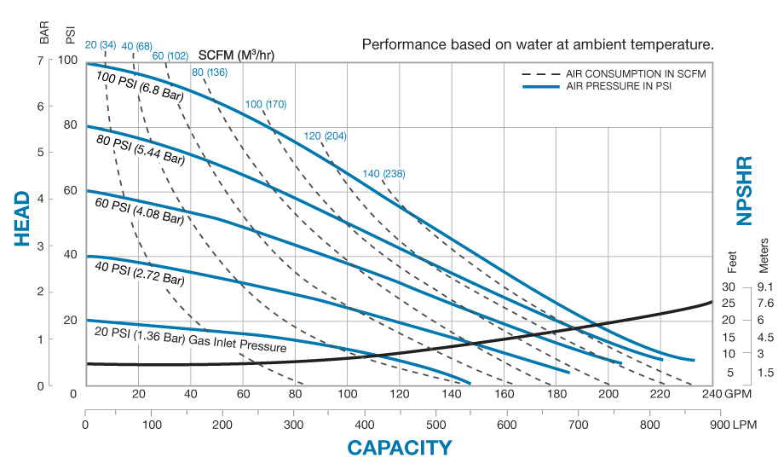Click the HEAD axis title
point(23,219)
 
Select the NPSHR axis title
point(745,190)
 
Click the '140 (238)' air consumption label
point(383,174)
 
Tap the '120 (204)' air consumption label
point(326,136)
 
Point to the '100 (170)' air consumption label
point(266,104)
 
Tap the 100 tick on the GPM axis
point(348,395)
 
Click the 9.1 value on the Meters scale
point(764,287)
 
